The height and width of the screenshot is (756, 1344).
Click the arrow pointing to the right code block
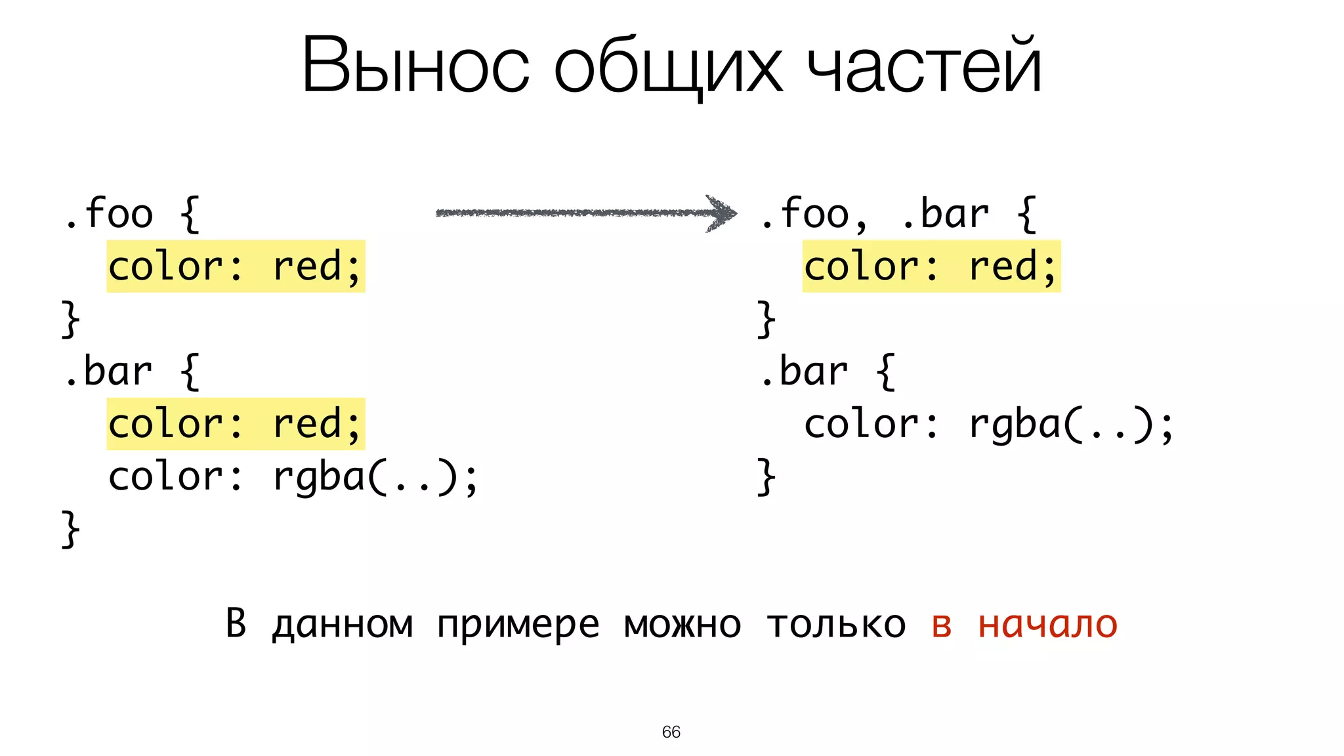tap(577, 213)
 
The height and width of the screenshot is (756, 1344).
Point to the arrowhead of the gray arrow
tap(723, 213)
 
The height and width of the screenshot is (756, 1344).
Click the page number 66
tap(671, 732)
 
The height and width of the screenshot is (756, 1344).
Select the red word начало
tap(1047, 624)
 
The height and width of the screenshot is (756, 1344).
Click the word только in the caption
tap(836, 624)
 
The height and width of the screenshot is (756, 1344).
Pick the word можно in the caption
tap(682, 624)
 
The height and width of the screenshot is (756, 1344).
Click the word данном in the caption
tap(343, 624)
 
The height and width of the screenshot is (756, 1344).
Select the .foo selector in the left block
tap(109, 213)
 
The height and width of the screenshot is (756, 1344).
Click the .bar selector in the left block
tap(109, 371)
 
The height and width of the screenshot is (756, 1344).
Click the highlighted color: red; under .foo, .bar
tap(931, 266)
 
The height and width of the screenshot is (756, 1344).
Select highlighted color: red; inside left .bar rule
tap(235, 424)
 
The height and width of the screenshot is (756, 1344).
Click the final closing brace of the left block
tap(70, 529)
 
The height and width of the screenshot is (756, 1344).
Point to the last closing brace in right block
tap(766, 476)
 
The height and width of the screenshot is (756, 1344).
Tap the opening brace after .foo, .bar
tap(1027, 214)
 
